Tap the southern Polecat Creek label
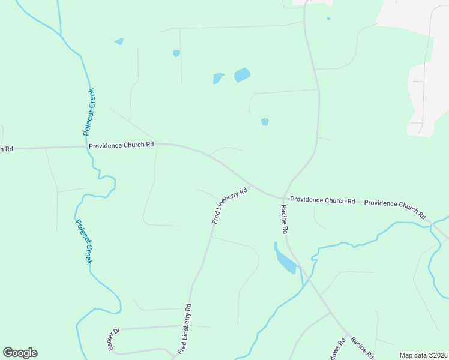83,241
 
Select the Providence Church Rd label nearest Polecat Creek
121,145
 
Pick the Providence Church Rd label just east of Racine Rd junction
322,200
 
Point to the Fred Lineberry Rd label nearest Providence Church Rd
230,206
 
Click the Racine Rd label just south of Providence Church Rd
285,219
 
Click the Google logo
20,353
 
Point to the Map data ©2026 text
423,355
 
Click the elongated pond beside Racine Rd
285,260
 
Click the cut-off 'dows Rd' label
337,351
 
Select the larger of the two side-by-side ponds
242,75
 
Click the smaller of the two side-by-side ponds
218,78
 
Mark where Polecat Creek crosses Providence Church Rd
88,146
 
